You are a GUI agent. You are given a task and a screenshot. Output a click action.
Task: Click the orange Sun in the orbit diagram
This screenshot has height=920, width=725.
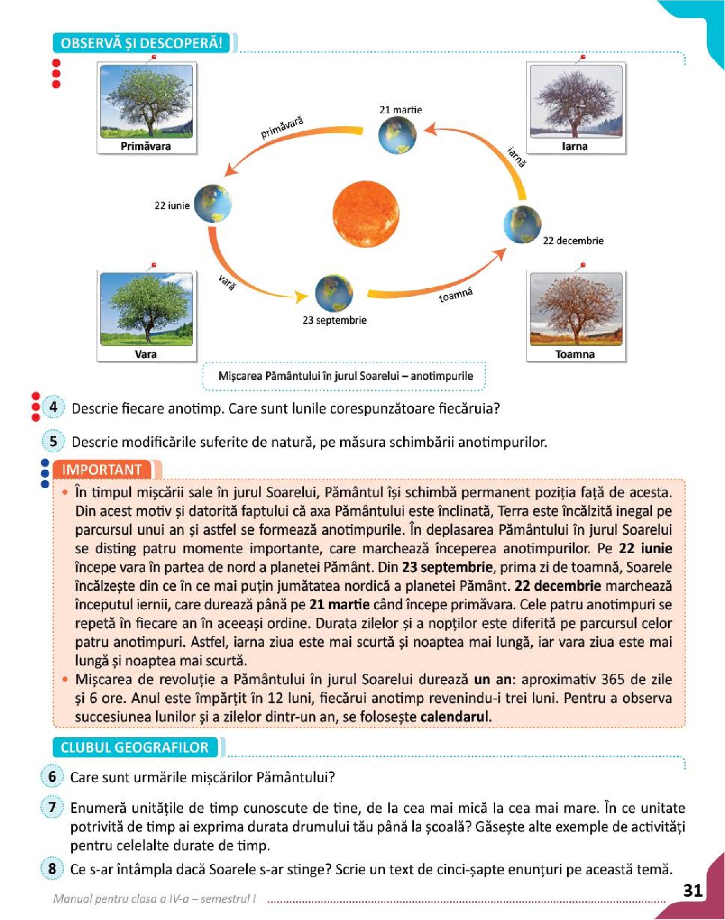(x=365, y=214)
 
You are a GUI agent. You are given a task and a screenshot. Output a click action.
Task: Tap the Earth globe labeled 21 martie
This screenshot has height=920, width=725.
(x=397, y=135)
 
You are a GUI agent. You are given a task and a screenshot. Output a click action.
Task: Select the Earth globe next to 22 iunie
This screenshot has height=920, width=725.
(x=213, y=203)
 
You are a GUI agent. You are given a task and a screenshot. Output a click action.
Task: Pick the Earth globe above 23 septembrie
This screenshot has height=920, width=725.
(x=334, y=293)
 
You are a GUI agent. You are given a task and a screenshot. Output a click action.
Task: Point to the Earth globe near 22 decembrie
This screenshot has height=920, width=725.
(x=522, y=224)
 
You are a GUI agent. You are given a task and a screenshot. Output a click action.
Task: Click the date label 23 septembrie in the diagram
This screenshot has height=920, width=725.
(x=334, y=320)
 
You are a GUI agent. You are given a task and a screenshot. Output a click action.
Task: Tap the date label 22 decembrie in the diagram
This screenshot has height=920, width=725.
(x=573, y=241)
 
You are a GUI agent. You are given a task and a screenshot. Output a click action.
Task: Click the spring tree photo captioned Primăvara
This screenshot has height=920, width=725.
(x=146, y=101)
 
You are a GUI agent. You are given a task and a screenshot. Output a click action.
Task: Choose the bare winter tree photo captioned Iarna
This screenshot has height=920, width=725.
(x=576, y=101)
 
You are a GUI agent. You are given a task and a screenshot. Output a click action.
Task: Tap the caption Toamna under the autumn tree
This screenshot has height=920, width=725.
(x=575, y=354)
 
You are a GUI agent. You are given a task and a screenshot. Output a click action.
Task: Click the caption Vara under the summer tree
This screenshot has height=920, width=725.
(x=145, y=354)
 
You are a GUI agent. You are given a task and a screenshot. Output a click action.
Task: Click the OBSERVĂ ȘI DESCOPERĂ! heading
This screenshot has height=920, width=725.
(x=142, y=43)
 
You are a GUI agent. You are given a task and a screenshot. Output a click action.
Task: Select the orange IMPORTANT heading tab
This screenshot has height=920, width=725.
(x=102, y=470)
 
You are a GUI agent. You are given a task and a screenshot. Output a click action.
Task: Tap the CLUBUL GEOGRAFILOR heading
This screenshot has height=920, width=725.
(x=135, y=747)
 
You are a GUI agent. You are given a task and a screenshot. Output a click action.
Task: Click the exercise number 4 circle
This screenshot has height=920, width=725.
(x=53, y=407)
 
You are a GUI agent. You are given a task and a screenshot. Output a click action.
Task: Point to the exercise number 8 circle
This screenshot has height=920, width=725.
(x=52, y=868)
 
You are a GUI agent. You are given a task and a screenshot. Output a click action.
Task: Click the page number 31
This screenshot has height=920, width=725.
(x=692, y=890)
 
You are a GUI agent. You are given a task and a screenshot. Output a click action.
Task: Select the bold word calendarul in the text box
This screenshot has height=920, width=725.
(x=454, y=717)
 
